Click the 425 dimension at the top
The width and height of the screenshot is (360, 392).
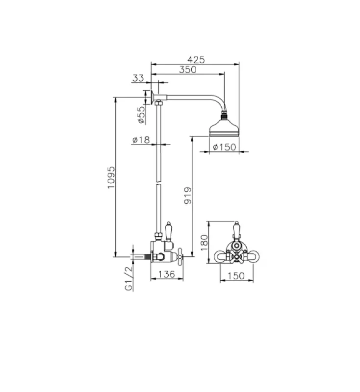[197, 59]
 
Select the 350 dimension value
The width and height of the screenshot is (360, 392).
[187, 70]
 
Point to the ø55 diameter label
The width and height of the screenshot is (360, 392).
[140, 114]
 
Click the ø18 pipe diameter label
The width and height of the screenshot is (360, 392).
[141, 140]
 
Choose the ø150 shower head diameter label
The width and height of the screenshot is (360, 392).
[226, 147]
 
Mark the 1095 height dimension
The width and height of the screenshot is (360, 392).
[110, 177]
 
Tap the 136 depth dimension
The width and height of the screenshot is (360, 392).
[168, 274]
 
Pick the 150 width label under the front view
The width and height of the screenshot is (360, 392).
[236, 276]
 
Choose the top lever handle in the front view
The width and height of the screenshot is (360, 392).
[236, 229]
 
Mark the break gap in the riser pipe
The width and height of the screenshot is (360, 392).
[158, 183]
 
